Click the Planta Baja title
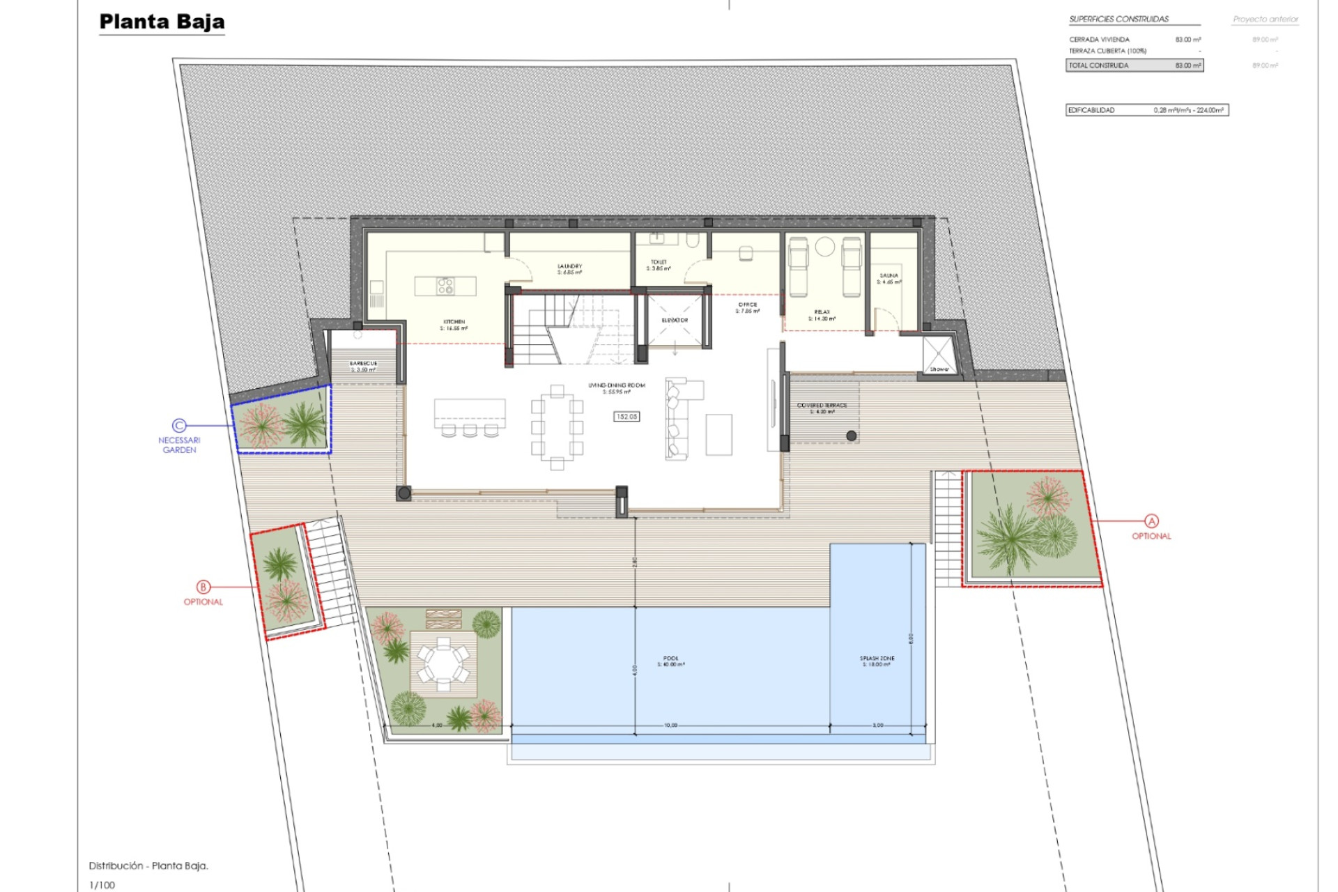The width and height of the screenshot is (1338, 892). [162, 22]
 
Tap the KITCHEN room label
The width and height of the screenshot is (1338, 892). [454, 322]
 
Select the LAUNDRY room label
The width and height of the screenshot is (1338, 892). [569, 266]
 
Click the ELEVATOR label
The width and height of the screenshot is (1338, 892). [675, 321]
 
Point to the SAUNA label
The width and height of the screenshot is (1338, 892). [889, 276]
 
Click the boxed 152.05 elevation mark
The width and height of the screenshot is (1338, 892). [626, 417]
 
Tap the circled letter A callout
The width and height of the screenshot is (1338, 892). [1151, 521]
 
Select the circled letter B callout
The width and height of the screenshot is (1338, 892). [203, 587]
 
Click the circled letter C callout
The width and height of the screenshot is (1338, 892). [179, 425]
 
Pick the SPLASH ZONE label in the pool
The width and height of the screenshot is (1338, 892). [877, 658]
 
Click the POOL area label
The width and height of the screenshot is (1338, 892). [670, 658]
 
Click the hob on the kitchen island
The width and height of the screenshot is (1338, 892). [445, 286]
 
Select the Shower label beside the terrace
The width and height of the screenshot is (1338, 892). [939, 369]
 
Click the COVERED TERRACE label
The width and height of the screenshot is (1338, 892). [822, 405]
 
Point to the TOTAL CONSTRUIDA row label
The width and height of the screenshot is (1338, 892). [1098, 66]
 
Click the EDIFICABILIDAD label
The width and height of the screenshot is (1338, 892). [1091, 110]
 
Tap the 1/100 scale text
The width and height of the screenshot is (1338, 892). [102, 885]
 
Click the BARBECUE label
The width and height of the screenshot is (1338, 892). [363, 363]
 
